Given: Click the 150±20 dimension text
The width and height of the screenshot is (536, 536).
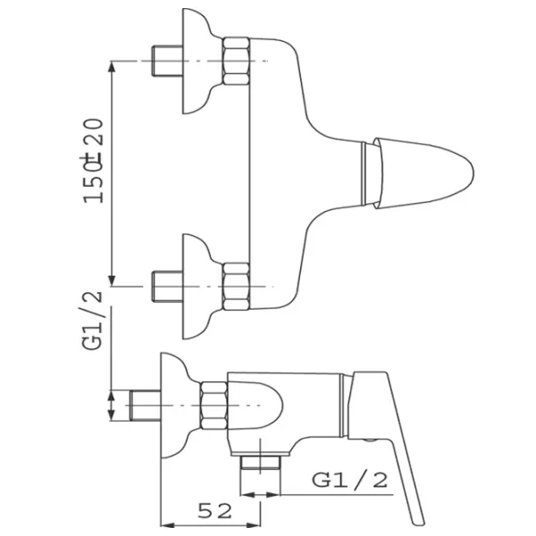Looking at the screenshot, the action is (93, 161).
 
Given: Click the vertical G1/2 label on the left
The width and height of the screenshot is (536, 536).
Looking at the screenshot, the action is (92, 321).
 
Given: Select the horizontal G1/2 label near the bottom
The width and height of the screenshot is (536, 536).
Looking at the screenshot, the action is (349, 480).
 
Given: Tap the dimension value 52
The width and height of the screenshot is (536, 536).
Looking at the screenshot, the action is (214, 511).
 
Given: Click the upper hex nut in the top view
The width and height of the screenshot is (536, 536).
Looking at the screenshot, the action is (236, 61).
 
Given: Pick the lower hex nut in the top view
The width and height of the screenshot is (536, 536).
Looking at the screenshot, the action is (236, 287).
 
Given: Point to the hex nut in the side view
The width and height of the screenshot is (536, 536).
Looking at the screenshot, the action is (214, 406).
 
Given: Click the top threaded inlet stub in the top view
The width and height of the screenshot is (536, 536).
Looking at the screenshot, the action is (167, 61).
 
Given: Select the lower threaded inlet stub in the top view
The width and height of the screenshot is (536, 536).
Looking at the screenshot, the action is (168, 287).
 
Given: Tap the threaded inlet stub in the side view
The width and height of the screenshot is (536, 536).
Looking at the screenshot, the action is (145, 405).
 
